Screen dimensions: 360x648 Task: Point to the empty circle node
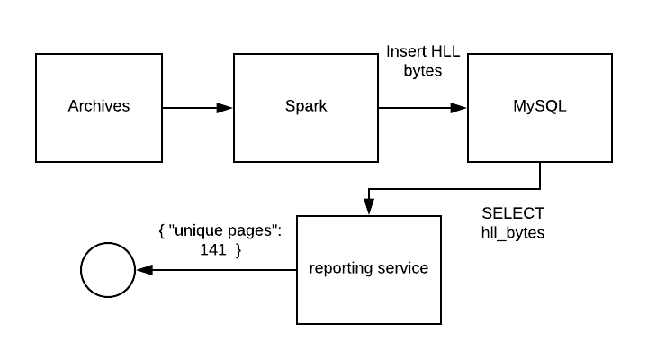click(107, 270)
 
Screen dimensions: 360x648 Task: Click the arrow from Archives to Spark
click(198, 108)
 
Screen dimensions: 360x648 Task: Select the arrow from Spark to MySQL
click(423, 108)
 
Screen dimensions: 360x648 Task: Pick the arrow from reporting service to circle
click(216, 270)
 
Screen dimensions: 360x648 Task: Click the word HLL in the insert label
click(445, 51)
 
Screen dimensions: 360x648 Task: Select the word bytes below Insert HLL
click(423, 70)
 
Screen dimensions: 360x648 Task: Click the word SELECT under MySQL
click(513, 213)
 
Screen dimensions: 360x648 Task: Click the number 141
click(213, 251)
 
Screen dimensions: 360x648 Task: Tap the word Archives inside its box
click(99, 106)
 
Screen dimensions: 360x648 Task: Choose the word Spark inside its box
click(306, 106)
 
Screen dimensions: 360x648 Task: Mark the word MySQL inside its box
click(540, 106)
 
